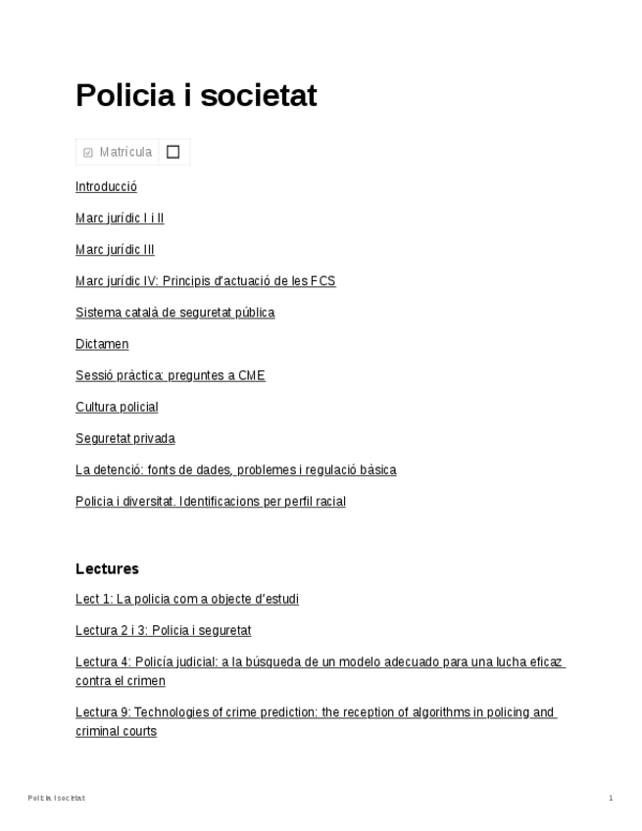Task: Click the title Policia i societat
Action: click(196, 96)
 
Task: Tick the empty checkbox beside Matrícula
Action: click(173, 152)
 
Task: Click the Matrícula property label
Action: click(124, 152)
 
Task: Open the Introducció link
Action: click(106, 186)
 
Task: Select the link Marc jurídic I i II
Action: click(120, 218)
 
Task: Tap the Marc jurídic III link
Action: click(115, 249)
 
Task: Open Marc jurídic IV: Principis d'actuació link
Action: click(205, 281)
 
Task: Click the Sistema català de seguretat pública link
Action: click(174, 313)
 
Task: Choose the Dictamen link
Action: click(102, 344)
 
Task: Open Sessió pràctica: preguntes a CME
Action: click(170, 375)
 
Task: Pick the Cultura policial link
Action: click(117, 407)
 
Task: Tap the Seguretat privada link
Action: click(124, 438)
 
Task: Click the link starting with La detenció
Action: click(235, 469)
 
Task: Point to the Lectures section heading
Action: click(107, 568)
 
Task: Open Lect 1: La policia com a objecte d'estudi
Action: click(186, 599)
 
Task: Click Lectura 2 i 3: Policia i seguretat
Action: click(163, 630)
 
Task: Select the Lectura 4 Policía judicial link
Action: click(320, 662)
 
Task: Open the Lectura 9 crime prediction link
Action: click(315, 712)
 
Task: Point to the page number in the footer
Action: click(611, 799)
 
